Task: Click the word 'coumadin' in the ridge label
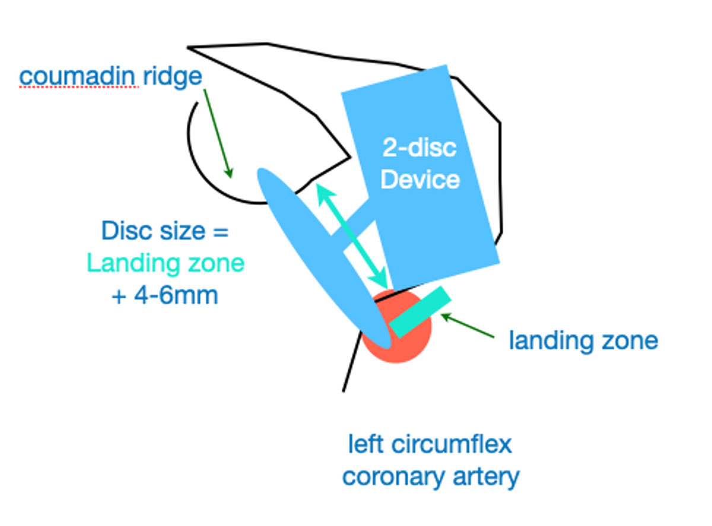(x=79, y=76)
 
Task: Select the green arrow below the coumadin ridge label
(x=217, y=133)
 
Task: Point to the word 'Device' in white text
(x=420, y=179)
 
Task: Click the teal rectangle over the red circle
(x=420, y=312)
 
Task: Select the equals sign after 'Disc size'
(x=220, y=231)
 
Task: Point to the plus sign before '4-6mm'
(x=119, y=295)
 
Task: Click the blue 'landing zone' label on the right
(x=583, y=341)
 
